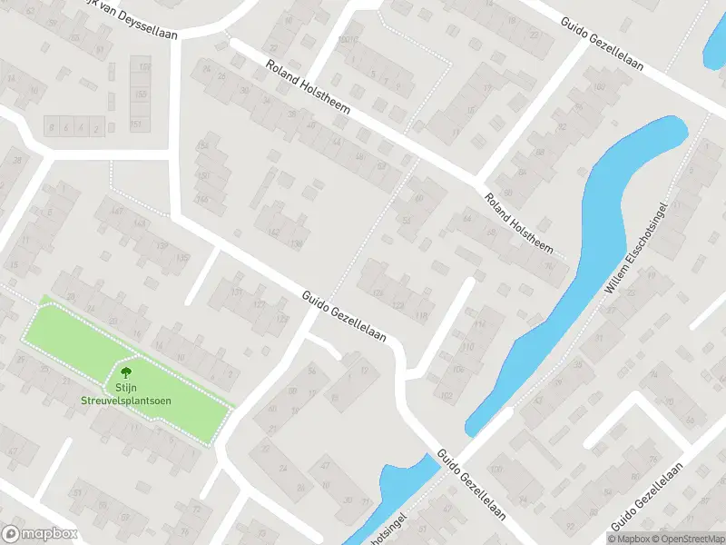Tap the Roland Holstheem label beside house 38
coord(299,85)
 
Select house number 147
coord(116,211)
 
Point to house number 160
coord(599,87)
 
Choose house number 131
coord(236,292)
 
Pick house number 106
coord(458,369)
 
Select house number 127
coord(259,305)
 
